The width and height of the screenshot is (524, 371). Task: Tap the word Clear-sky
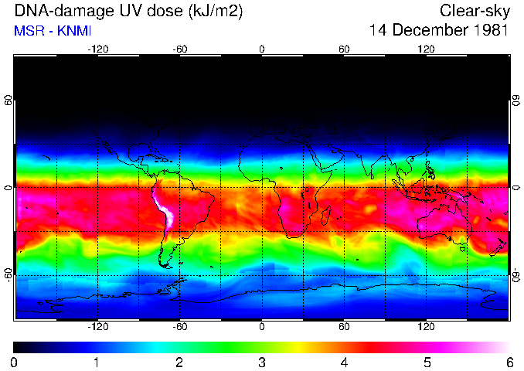tap(474, 11)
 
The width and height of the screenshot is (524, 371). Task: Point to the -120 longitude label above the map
tap(97, 49)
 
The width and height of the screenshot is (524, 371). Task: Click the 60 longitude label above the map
tap(344, 49)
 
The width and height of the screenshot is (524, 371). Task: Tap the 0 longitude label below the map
tap(262, 326)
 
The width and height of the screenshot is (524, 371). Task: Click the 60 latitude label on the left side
tap(8, 101)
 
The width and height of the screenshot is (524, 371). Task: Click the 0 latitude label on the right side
tap(516, 188)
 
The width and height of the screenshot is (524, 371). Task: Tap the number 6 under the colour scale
tap(509, 362)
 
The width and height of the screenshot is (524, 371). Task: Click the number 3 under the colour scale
tap(262, 362)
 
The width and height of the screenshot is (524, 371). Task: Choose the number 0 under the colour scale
tap(15, 362)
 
